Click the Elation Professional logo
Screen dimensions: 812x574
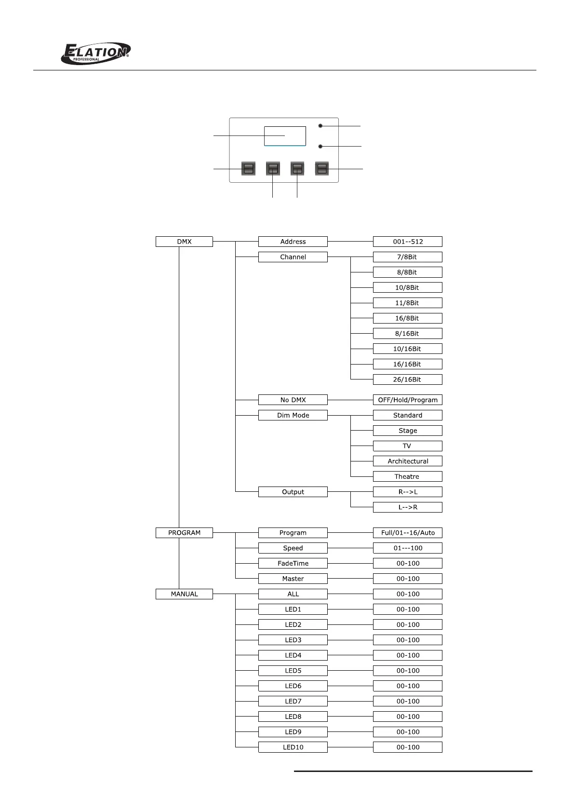[x=96, y=53]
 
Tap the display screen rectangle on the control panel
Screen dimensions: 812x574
[x=285, y=136]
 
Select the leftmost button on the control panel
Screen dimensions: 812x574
[x=248, y=168]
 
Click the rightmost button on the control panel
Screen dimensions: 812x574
[x=322, y=168]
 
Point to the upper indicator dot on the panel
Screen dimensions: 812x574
[x=320, y=126]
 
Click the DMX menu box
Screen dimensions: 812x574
[x=184, y=242]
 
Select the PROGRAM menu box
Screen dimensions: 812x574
[x=184, y=533]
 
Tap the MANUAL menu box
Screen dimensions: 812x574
[x=184, y=594]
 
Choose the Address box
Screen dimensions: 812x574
[x=293, y=242]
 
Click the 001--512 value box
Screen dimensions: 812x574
[x=408, y=242]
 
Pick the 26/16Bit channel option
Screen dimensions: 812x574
[x=408, y=379]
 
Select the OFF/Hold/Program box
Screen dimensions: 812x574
[x=408, y=400]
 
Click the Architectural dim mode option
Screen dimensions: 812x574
[x=408, y=461]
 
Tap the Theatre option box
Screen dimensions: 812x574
[x=408, y=476]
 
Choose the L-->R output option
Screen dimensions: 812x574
[x=408, y=507]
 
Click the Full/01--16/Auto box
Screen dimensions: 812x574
[x=408, y=533]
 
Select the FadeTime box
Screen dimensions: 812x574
[x=293, y=563]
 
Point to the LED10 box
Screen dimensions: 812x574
[x=293, y=747]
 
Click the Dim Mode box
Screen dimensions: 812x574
[x=293, y=415]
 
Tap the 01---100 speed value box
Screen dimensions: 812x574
[x=408, y=548]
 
